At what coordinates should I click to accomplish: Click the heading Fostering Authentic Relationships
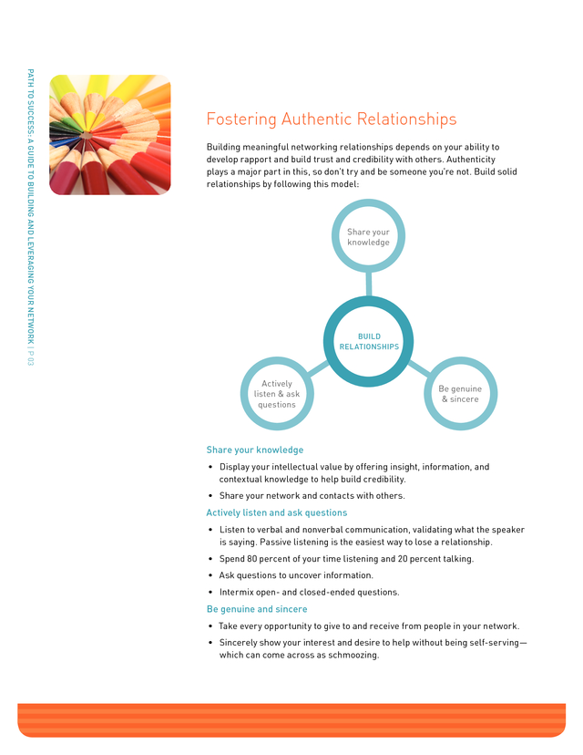(332, 119)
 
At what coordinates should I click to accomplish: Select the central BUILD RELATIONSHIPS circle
(368, 302)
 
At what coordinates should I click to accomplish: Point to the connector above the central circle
(369, 284)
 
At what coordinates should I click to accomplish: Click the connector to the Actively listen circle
(318, 368)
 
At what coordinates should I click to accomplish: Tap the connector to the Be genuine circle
(419, 368)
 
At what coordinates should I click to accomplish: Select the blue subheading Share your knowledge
(255, 450)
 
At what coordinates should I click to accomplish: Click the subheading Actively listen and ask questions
(277, 512)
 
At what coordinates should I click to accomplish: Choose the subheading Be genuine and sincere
(257, 609)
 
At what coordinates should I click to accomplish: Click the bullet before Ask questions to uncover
(210, 575)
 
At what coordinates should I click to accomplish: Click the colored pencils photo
(110, 135)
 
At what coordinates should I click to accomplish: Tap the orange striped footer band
(291, 719)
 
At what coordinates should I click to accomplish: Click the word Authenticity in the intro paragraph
(471, 160)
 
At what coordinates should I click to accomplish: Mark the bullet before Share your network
(210, 496)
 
